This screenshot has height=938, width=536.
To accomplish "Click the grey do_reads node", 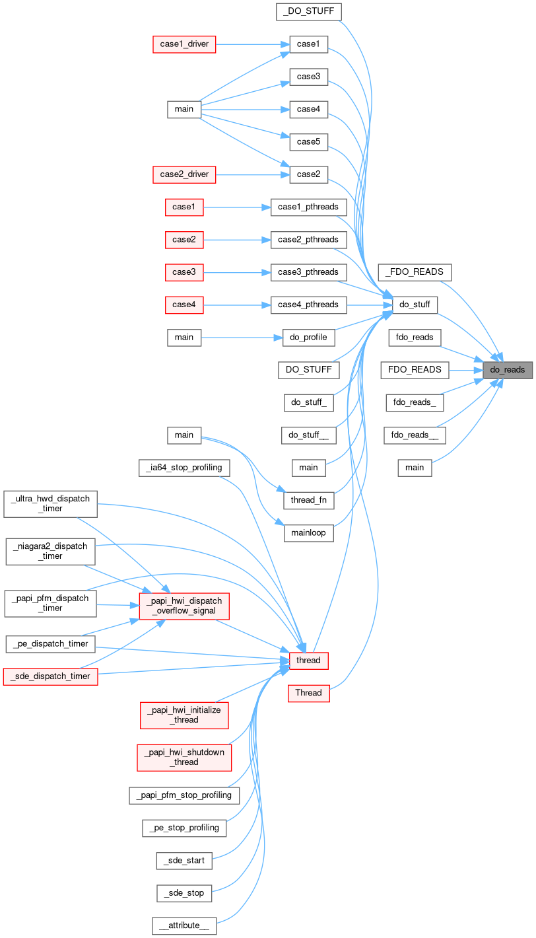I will [507, 369].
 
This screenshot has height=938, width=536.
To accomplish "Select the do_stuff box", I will [415, 305].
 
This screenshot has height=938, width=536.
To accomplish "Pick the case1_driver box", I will [185, 44].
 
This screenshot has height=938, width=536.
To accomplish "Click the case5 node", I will [308, 141].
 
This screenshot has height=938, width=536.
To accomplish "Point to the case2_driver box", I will [185, 174].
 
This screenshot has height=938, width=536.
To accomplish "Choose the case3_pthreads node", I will [308, 271].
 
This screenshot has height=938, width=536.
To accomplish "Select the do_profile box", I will [308, 337].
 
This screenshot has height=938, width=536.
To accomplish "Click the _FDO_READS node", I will [415, 271].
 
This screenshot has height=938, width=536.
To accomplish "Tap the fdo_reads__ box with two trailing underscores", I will [415, 435].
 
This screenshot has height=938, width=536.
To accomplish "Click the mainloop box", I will [308, 532].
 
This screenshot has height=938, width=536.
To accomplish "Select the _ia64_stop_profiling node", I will [185, 468].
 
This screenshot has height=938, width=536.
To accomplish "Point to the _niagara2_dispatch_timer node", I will [51, 551].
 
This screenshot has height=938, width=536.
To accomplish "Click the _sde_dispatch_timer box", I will [51, 676].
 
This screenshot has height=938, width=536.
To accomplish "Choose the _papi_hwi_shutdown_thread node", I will [184, 757].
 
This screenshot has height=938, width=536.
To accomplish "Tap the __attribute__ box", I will [184, 925].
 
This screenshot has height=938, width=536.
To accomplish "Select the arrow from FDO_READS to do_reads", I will [465, 369].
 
